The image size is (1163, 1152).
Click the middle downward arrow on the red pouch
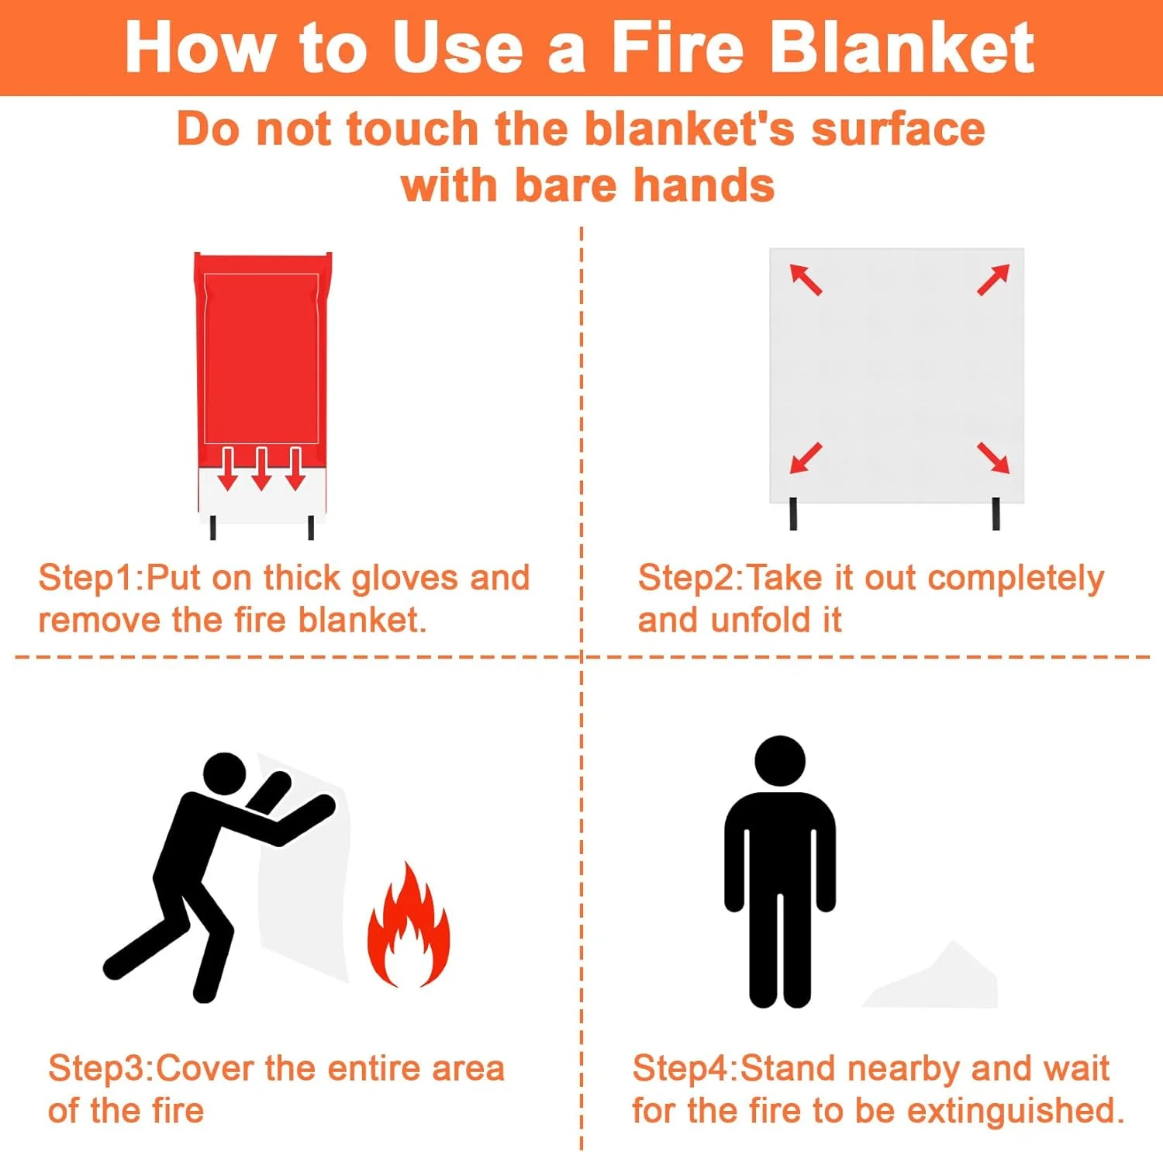(x=261, y=469)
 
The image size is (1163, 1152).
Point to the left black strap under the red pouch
(x=213, y=528)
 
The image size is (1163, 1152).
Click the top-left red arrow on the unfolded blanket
(x=806, y=279)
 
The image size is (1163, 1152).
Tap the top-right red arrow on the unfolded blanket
(x=993, y=279)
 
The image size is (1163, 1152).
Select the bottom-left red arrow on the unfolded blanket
(x=806, y=458)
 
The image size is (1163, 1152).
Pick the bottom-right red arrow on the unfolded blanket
(x=993, y=458)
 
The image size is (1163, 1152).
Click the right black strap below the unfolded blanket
(x=996, y=514)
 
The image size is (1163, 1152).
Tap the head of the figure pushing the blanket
(x=225, y=774)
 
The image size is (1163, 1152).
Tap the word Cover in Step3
(x=205, y=1068)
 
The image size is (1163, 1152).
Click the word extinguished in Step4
(x=1016, y=1111)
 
